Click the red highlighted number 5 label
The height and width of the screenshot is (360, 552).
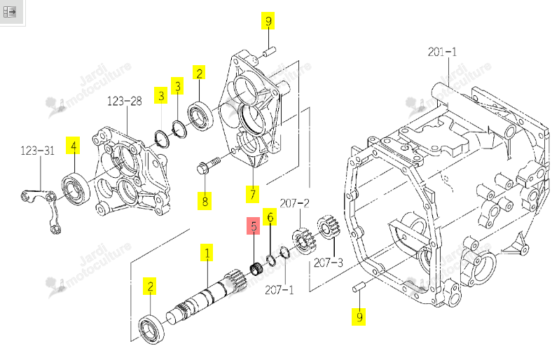click(x=254, y=226)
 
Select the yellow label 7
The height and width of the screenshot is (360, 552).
click(x=252, y=195)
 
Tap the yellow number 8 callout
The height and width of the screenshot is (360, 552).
click(x=205, y=201)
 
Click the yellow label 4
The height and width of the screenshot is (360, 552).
click(x=73, y=146)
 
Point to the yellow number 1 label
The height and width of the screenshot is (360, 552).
click(x=207, y=252)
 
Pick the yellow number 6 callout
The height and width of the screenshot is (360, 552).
click(x=270, y=217)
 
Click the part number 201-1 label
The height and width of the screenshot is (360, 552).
click(x=442, y=52)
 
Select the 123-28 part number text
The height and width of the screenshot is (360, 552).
click(x=124, y=102)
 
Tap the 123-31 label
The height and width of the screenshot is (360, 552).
click(x=37, y=151)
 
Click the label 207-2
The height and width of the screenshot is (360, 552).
click(x=295, y=203)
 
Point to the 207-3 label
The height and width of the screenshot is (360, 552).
click(x=328, y=263)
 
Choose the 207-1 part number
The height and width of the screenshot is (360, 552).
click(x=280, y=290)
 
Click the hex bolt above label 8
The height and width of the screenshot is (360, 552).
click(x=208, y=166)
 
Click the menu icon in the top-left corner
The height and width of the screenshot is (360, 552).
click(x=10, y=12)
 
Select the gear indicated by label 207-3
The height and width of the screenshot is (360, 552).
click(x=328, y=228)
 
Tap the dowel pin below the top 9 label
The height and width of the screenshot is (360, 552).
click(x=269, y=52)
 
